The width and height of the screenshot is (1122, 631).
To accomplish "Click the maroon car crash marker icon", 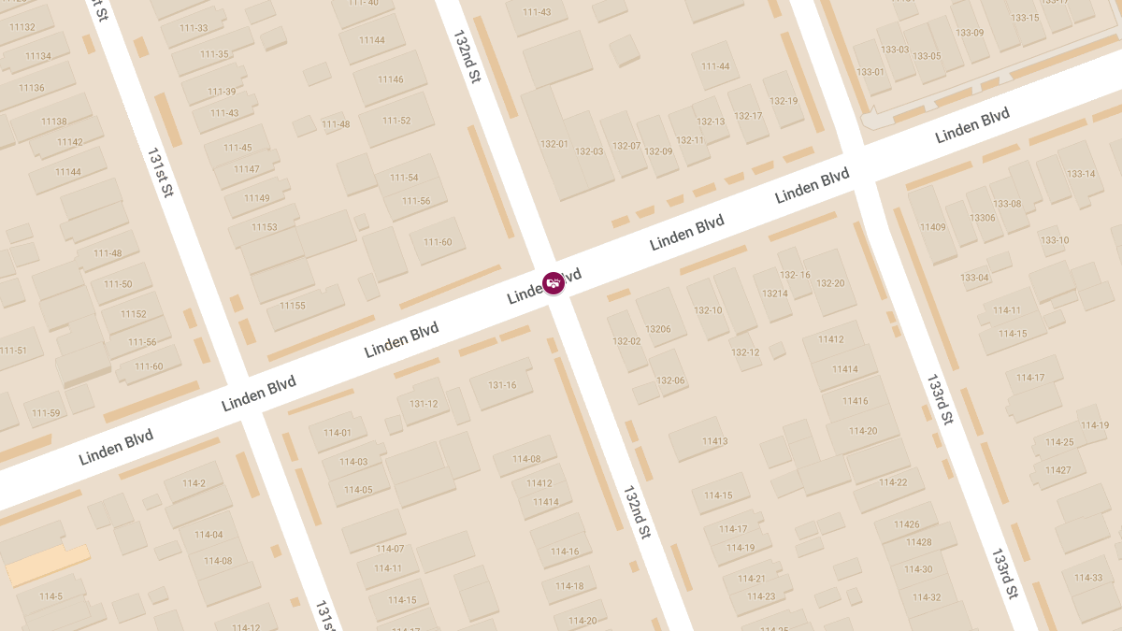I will coord(554,282).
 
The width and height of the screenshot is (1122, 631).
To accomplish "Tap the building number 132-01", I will coord(554,144).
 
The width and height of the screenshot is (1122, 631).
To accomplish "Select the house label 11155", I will coord(293,306).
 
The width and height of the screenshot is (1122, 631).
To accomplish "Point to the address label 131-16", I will coord(502,385).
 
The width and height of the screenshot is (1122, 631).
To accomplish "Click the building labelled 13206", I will coord(658,329).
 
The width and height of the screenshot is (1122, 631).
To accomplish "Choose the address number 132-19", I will coord(784,101).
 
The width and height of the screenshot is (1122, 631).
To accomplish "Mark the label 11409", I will coord(932,227).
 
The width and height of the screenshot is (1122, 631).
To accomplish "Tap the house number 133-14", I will coord(1081,174).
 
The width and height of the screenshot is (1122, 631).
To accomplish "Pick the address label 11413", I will coord(715,441).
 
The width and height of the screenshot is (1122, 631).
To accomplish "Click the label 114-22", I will coord(893,482).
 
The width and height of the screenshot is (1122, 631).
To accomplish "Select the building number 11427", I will coord(1058,469).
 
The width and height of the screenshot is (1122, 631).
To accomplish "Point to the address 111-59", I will coord(46,413).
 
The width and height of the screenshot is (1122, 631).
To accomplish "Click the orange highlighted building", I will coord(48,565).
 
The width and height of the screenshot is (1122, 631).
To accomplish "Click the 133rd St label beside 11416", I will coord(940,400).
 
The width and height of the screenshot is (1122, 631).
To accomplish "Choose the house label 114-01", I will coord(338,433).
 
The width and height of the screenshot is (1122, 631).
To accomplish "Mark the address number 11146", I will coord(391,79).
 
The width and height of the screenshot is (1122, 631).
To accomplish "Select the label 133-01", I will coord(870,72).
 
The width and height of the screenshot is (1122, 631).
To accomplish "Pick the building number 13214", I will coord(775,294).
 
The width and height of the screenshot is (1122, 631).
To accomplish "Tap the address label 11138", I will coord(54,122).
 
